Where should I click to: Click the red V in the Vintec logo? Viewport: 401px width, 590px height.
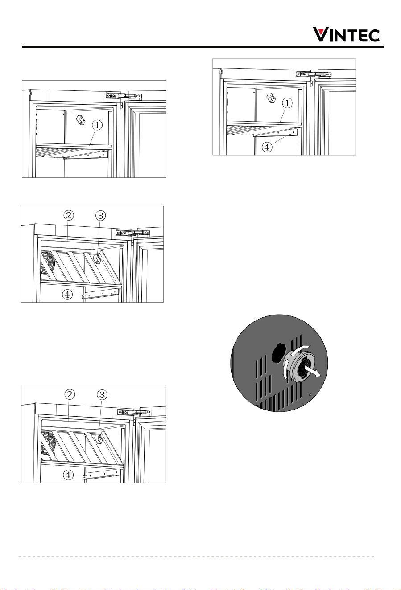click(319, 35)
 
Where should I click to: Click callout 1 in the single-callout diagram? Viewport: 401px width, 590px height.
click(97, 125)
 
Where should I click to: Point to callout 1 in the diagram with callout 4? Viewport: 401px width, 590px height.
click(287, 103)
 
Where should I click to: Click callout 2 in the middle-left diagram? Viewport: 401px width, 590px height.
click(69, 216)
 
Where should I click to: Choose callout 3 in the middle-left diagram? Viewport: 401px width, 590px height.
click(101, 216)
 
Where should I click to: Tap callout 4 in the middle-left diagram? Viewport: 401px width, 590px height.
click(67, 295)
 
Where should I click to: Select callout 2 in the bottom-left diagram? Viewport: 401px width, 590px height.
click(70, 394)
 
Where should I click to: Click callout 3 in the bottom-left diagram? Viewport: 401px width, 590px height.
click(102, 394)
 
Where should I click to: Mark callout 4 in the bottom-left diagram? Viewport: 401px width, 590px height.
click(68, 475)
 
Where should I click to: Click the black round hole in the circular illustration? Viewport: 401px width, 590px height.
click(278, 352)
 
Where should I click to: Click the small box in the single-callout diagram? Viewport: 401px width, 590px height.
click(81, 120)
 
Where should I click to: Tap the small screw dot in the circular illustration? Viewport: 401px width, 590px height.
click(310, 394)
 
